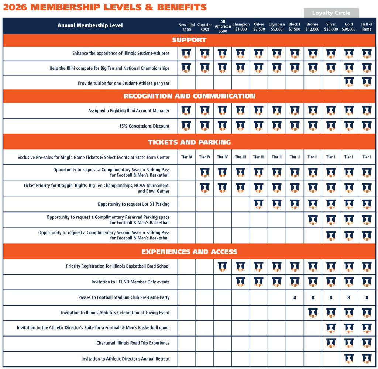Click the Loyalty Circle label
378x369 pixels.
point(331,13)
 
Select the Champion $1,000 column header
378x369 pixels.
point(241,27)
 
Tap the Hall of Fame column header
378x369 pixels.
point(367,27)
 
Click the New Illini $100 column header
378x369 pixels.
point(187,27)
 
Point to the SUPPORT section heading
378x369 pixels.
point(189,40)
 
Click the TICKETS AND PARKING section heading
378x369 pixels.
point(189,142)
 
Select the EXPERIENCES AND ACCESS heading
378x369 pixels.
point(189,252)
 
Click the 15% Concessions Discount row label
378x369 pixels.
point(144,126)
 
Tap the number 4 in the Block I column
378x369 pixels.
point(295,297)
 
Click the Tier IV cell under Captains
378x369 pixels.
point(205,157)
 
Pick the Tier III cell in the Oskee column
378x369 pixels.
point(259,157)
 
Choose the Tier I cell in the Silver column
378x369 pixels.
point(331,157)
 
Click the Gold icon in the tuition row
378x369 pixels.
point(349,82)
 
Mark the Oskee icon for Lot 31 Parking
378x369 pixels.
point(259,204)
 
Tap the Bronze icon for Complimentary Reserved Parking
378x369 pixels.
point(313,220)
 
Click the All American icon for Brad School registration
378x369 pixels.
point(223,266)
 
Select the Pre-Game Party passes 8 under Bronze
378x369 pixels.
point(313,297)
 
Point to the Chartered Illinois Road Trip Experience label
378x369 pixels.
point(133,343)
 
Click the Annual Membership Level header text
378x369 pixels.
point(90,25)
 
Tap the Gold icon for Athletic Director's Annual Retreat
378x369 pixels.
point(349,358)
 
